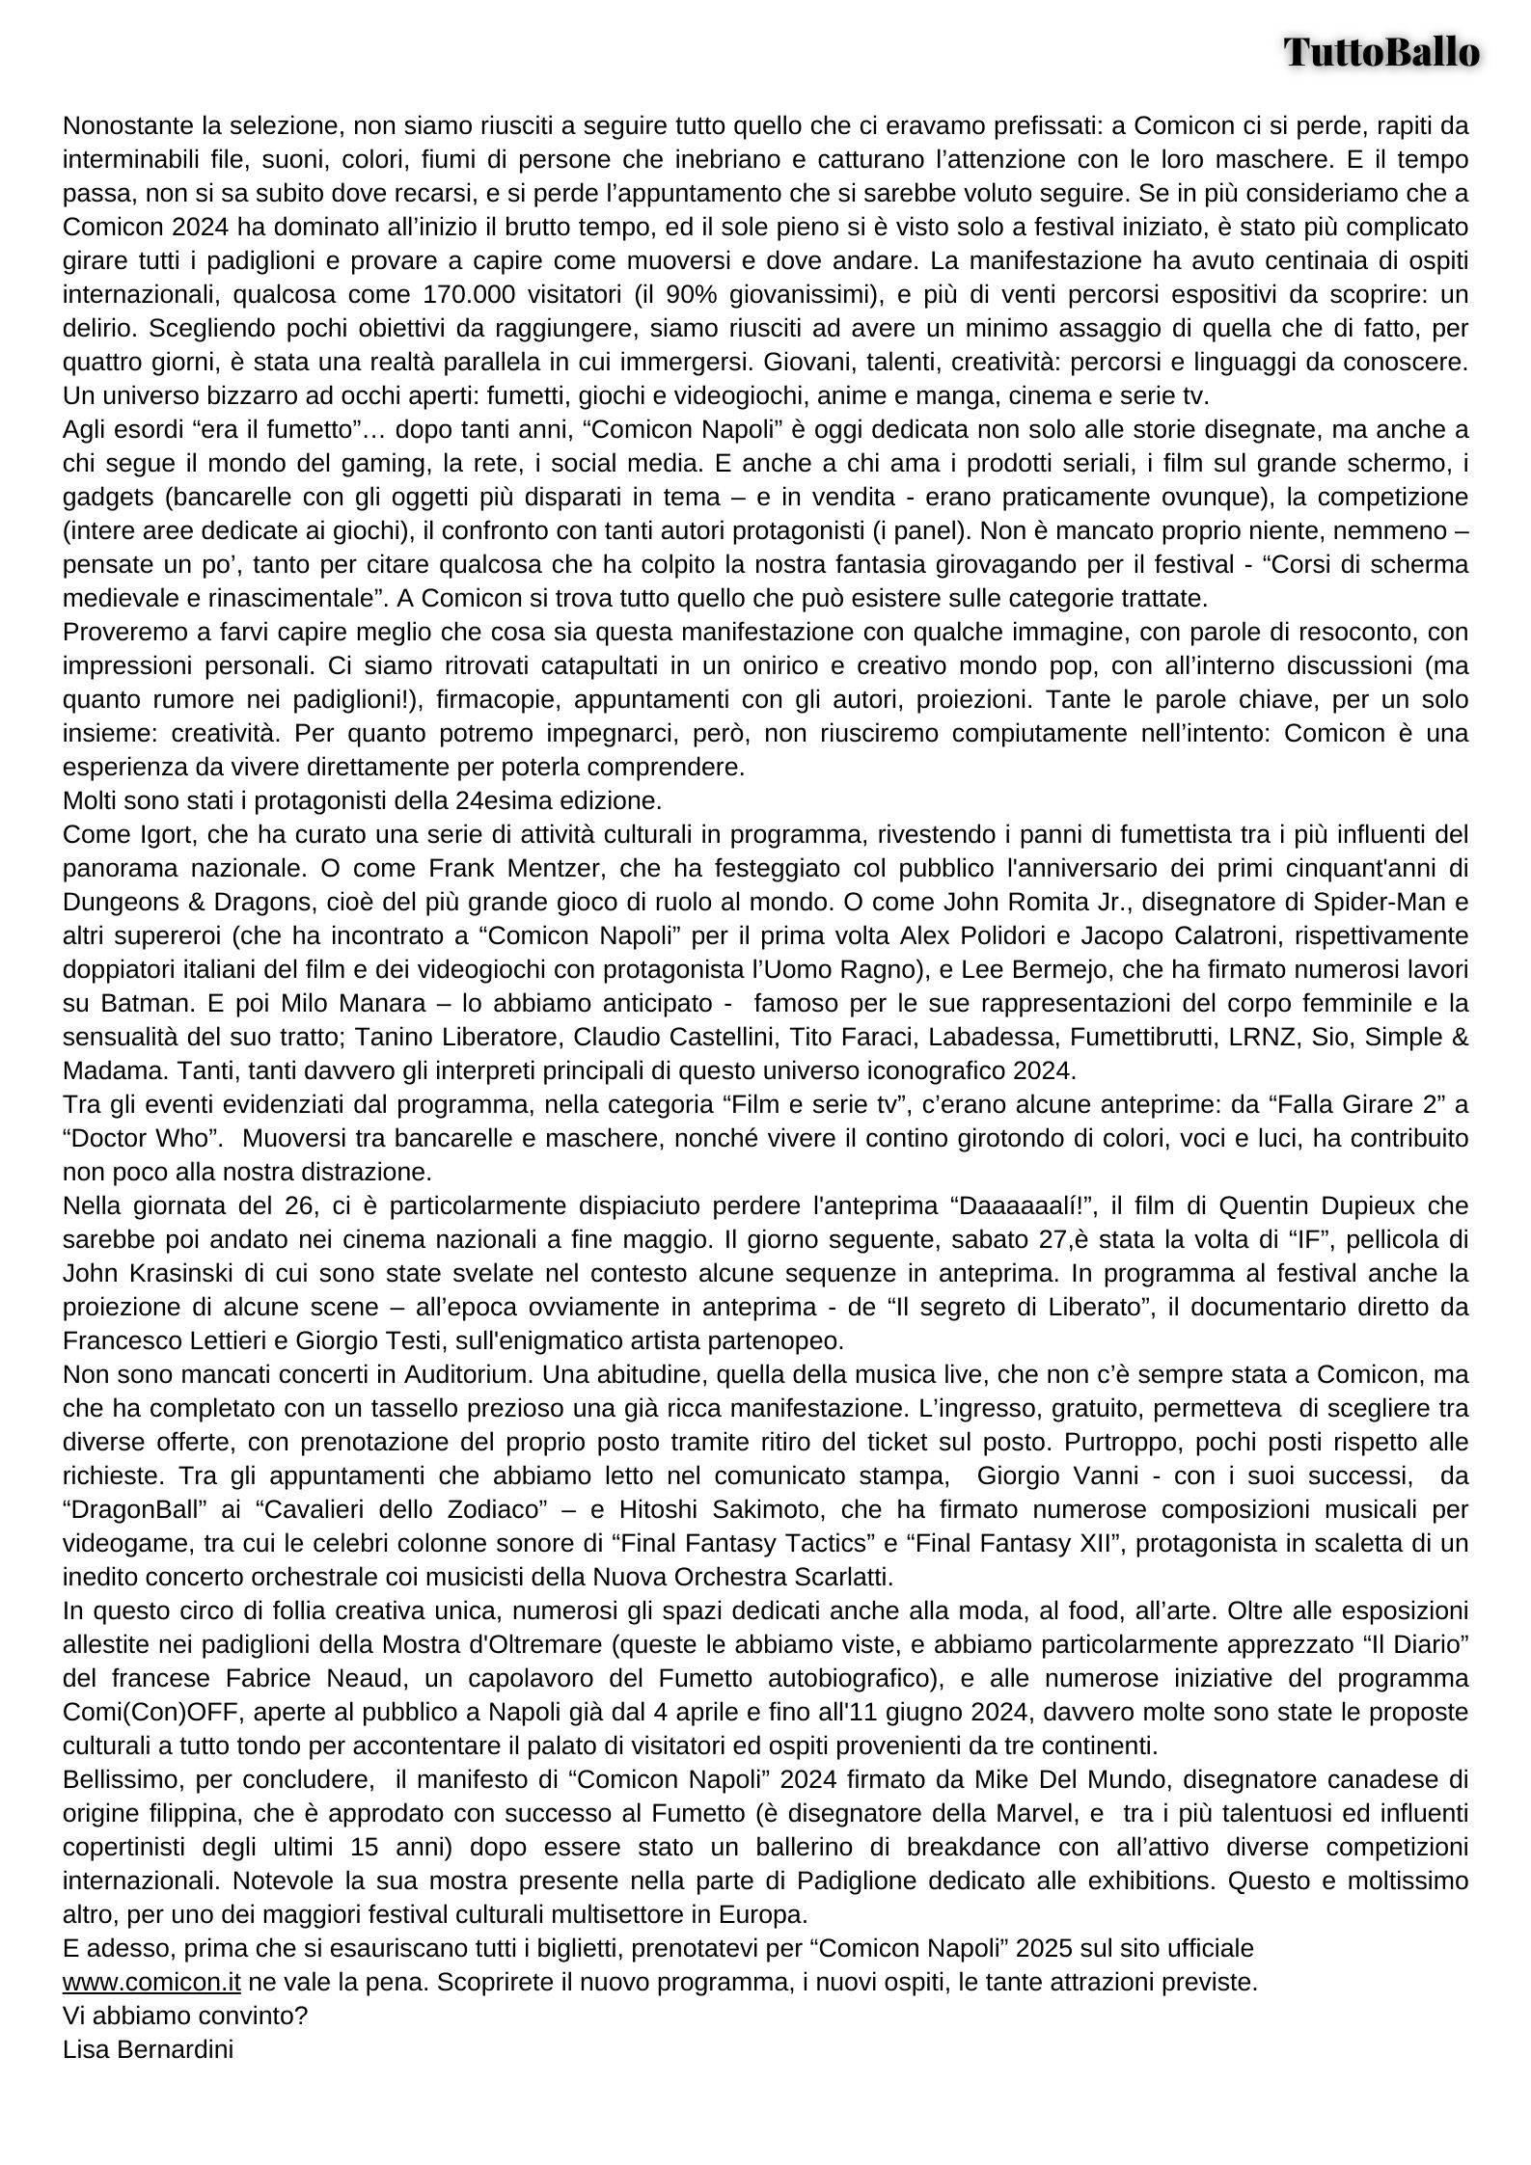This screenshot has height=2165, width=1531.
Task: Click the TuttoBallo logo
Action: (1381, 52)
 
